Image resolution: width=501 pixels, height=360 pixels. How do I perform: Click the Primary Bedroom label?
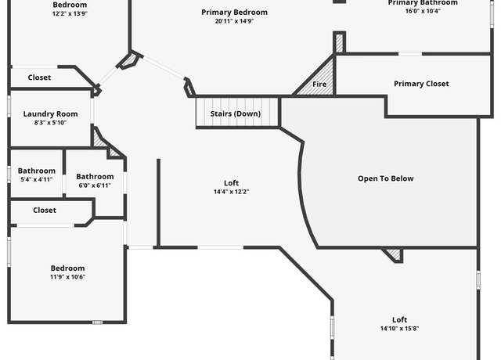[x=234, y=13]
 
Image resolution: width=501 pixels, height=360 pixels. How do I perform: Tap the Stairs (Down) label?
[x=236, y=113]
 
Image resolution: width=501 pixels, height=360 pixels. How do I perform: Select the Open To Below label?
[x=386, y=178]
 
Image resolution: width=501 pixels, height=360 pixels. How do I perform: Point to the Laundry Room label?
[x=50, y=113]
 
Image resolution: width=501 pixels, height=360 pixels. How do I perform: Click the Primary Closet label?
[x=421, y=84]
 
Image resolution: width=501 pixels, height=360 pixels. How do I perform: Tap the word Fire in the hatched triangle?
[x=319, y=84]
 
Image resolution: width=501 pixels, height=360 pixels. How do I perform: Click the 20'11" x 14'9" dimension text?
[x=234, y=21]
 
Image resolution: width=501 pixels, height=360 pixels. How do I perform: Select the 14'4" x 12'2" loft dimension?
[x=232, y=192]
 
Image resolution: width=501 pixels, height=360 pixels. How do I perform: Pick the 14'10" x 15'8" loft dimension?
[x=399, y=329]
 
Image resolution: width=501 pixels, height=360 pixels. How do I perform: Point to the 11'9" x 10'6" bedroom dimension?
[x=68, y=276]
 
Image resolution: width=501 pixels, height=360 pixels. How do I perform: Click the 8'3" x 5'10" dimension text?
[x=50, y=123]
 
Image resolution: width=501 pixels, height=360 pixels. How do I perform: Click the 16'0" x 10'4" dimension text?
[x=423, y=11]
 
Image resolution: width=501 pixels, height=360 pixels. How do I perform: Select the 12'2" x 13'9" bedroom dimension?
[x=70, y=13]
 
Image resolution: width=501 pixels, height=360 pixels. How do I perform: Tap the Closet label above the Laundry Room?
[x=39, y=77]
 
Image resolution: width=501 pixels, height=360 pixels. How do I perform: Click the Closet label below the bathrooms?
[x=45, y=211]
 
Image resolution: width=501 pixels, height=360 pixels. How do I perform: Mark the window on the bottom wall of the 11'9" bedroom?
[x=97, y=322]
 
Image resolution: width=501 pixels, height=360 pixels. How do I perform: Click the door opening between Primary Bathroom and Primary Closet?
[x=410, y=54]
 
